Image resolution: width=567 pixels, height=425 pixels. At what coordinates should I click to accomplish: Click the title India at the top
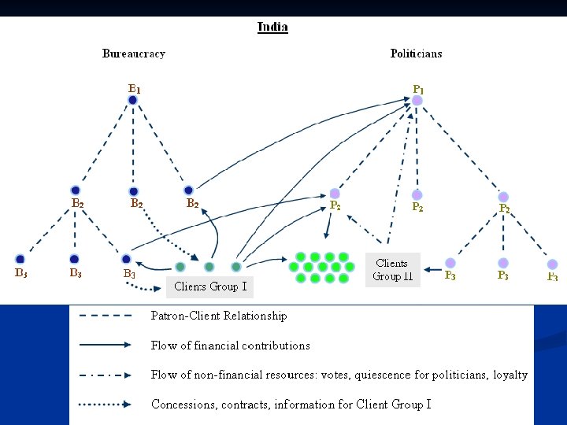pos(272,27)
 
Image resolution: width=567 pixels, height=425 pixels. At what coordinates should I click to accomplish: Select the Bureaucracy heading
pos(134,54)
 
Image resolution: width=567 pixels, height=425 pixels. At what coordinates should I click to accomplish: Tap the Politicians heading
pos(416,54)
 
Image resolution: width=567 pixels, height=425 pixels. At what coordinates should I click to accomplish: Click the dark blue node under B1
pos(133,100)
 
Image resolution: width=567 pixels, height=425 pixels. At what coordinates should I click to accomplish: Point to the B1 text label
pos(135,89)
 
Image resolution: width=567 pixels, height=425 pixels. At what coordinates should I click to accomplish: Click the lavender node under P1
pos(417,101)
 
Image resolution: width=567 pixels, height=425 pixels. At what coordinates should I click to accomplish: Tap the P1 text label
pos(419,90)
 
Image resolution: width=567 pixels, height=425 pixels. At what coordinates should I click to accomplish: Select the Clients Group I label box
pos(210,286)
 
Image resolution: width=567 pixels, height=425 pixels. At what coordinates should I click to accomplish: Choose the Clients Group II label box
pos(392,270)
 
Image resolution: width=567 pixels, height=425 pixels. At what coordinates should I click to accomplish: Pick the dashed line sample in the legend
pos(106,316)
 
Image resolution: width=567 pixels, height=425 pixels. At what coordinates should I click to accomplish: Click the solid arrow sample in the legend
pos(106,345)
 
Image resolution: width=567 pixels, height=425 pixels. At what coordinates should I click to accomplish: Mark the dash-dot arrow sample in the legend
pos(106,375)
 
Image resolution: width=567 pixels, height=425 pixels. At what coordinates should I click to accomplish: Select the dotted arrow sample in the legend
pos(106,404)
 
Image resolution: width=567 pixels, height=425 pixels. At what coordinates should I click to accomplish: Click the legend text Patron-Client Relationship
pos(219,316)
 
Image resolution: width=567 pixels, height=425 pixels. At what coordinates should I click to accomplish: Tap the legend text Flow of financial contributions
pos(230,345)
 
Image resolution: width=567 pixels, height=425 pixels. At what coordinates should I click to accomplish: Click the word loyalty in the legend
pos(510,375)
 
